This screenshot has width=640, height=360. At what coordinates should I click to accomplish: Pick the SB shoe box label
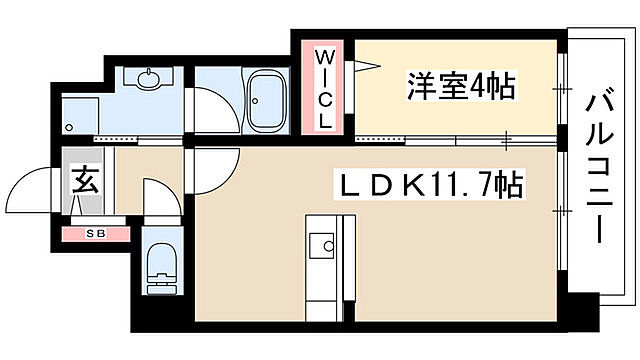(96, 234)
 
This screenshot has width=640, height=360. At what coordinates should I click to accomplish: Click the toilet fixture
(159, 268)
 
